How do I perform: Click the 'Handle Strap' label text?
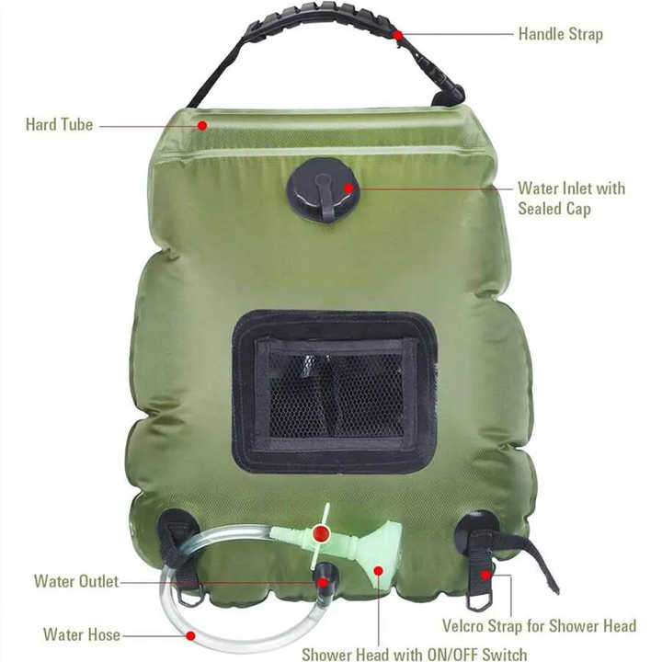point(560,34)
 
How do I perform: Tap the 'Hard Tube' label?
point(59,124)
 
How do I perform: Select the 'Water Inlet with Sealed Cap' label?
point(571,199)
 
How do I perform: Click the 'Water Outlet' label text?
point(75,581)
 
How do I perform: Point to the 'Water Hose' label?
point(81,634)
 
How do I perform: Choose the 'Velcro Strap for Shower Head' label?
point(539,626)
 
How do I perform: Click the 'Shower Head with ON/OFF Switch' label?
point(415,655)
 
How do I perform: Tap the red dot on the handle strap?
point(397,35)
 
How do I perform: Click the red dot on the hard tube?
point(201,124)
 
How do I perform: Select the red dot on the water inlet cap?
point(348,188)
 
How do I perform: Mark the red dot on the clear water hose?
point(190,634)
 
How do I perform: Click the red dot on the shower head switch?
point(320,533)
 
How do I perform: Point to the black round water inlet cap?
point(317,188)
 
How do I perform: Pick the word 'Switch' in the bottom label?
point(504,655)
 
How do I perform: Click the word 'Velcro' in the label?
point(466,626)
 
